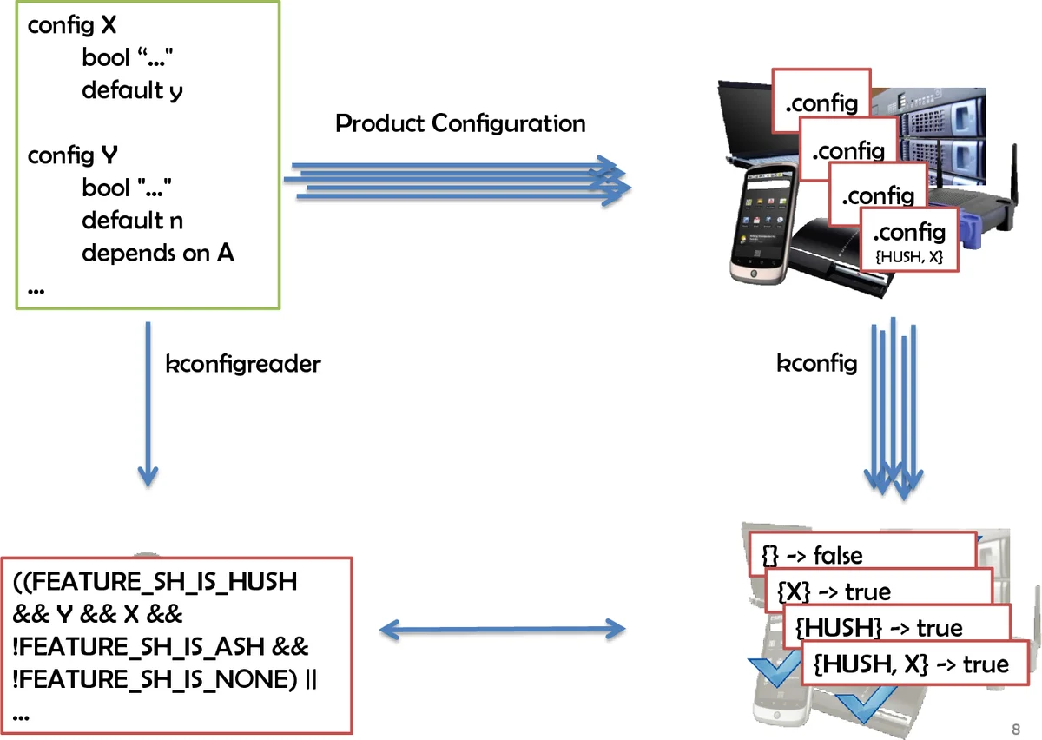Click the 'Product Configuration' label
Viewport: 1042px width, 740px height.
460,123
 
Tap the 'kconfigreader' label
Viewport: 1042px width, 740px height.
242,364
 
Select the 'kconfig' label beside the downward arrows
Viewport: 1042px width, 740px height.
816,364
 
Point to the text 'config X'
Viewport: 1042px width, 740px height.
72,26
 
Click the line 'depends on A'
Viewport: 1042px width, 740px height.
158,253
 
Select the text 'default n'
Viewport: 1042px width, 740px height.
132,221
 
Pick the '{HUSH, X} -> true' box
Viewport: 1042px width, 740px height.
911,664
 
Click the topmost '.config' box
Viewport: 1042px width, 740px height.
821,103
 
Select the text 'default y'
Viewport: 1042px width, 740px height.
132,89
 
